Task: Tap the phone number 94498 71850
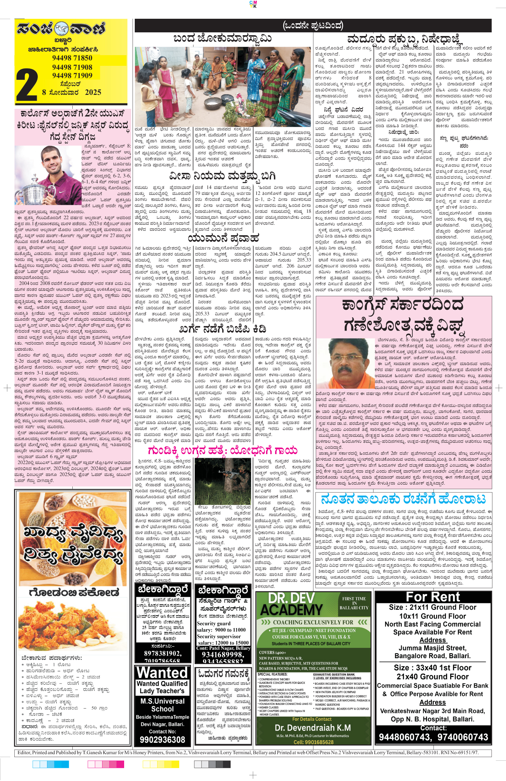72,58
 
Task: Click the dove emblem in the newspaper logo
61,28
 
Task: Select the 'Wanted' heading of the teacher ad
162,673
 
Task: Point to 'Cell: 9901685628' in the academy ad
313,742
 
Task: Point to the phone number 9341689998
223,655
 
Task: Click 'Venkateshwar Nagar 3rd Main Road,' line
432,711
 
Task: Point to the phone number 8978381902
162,653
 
